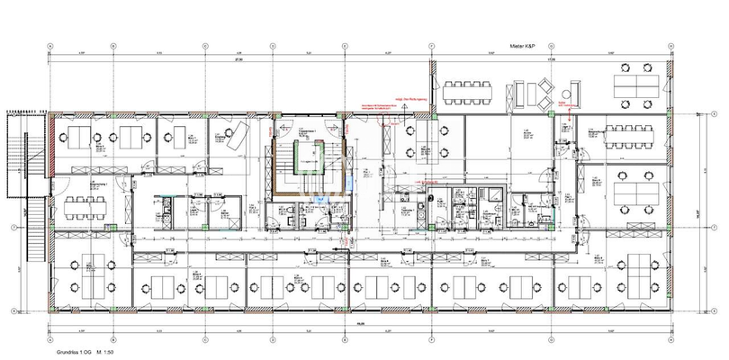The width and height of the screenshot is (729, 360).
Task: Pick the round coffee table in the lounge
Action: tap(566, 94)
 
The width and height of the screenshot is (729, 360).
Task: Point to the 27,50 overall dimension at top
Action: tap(214, 58)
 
